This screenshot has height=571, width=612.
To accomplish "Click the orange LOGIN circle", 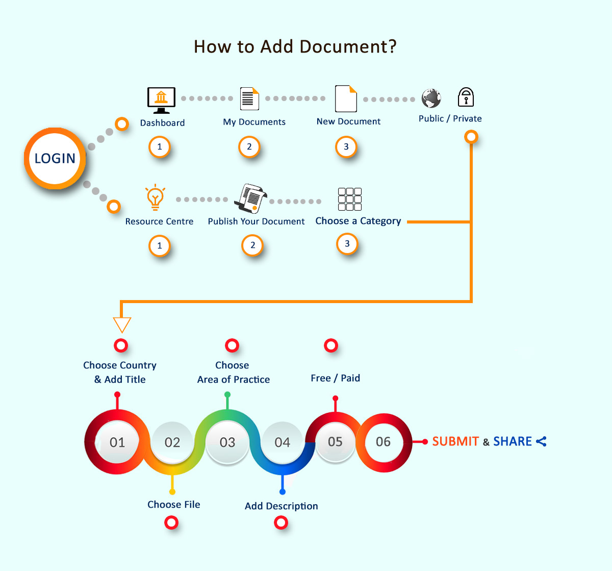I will tap(55, 158).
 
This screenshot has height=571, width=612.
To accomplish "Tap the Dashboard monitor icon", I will tap(161, 100).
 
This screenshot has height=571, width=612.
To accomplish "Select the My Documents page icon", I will tap(249, 98).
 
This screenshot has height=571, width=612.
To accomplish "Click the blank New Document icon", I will tap(346, 98).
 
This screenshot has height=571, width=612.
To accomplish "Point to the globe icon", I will tap(431, 98).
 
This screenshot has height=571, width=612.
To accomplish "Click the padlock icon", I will tap(466, 97).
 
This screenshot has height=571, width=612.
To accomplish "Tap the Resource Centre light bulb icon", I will tap(155, 197).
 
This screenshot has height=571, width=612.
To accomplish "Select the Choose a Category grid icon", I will tap(350, 199).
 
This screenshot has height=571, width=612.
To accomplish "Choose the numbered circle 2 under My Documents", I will tap(249, 147).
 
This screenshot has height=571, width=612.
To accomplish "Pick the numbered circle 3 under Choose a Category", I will tap(347, 243).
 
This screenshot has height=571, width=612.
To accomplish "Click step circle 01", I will tap(117, 442).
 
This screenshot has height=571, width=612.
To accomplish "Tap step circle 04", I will tap(282, 442).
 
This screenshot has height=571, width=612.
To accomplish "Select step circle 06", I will tap(383, 442).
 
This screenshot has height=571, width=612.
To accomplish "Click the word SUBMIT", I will tap(455, 441).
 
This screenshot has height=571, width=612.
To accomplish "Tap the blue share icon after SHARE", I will tap(541, 441).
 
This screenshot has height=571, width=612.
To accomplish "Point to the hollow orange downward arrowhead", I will tap(122, 325).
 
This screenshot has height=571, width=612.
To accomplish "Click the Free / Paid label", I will tap(335, 378).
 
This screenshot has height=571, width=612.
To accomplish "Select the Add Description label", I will tap(281, 506).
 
